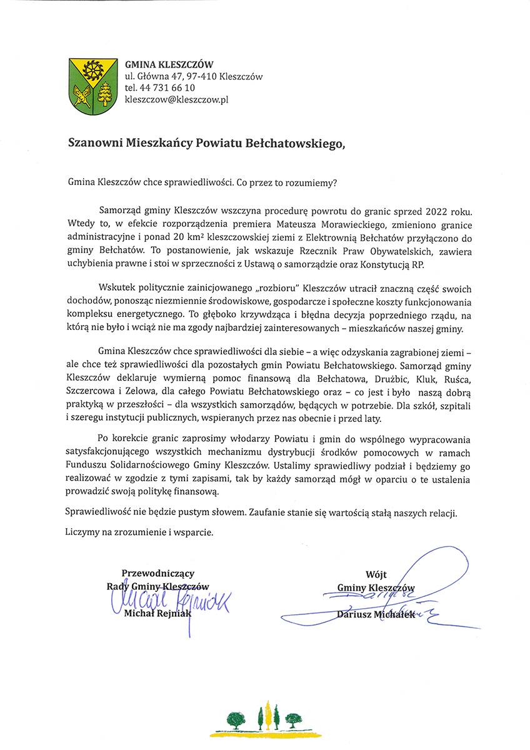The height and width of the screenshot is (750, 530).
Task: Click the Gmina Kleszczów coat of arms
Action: tap(93, 86)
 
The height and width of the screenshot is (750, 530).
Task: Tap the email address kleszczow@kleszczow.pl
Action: tap(177, 99)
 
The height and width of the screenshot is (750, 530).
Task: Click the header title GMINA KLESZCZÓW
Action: tap(169, 64)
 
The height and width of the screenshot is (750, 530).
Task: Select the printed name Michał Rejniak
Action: tap(157, 614)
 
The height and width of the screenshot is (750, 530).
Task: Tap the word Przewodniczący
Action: tap(157, 572)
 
